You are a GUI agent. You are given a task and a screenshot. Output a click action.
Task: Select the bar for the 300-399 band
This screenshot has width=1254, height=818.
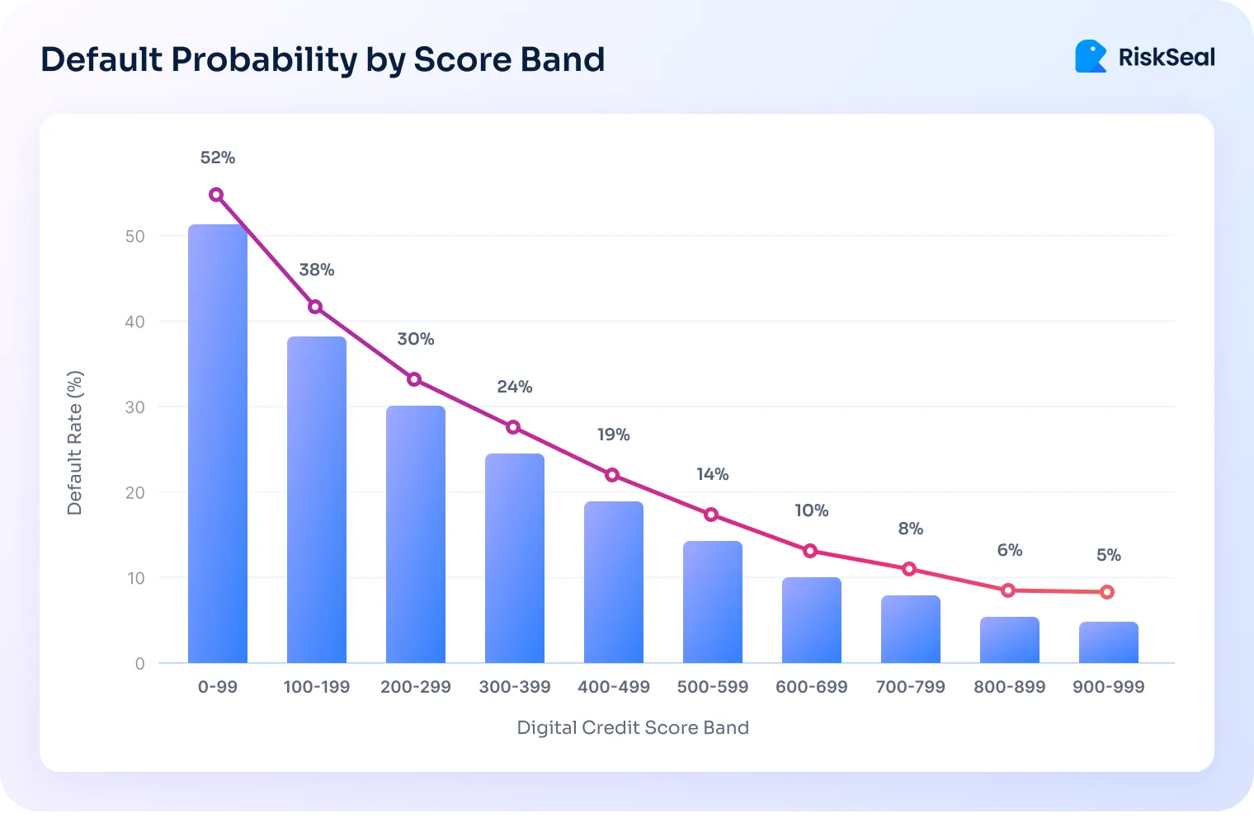pos(515,558)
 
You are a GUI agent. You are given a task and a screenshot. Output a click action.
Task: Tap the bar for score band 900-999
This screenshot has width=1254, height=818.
pos(1108,642)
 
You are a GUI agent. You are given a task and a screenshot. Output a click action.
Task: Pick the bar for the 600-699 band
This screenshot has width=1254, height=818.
pos(812,620)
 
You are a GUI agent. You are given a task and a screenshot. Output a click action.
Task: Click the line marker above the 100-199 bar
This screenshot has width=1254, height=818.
pos(315,307)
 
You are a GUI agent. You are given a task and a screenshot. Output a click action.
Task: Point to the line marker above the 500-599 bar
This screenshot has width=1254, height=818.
pos(711,515)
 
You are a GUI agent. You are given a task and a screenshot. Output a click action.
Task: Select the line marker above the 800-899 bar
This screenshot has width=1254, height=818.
pos(1008,590)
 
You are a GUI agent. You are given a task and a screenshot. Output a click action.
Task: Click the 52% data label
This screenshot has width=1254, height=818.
pos(218,157)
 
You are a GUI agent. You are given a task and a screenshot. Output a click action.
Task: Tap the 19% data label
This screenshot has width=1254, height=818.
pos(614,435)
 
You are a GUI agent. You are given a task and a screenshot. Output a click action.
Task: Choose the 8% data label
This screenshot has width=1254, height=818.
pos(910,529)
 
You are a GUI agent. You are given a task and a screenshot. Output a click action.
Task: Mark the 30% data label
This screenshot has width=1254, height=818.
pos(416,339)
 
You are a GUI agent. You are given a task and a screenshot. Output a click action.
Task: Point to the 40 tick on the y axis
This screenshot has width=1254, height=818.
pos(134,322)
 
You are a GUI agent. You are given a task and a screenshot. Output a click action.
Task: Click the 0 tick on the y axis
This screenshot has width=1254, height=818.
pos(140,664)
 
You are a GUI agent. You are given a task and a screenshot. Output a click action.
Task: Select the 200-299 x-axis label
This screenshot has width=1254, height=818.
pos(416,687)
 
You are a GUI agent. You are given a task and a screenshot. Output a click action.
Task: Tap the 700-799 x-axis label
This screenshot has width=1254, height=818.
pos(910,687)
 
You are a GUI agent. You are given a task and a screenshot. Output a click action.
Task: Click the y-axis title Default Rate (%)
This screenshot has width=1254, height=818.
pos(75,443)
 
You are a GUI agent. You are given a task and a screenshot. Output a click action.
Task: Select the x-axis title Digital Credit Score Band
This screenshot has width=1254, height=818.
pos(633,727)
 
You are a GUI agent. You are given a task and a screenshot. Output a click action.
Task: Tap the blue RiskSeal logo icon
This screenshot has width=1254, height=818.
pos(1091,56)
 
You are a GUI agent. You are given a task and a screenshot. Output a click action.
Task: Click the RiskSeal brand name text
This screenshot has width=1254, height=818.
pos(1167,57)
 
